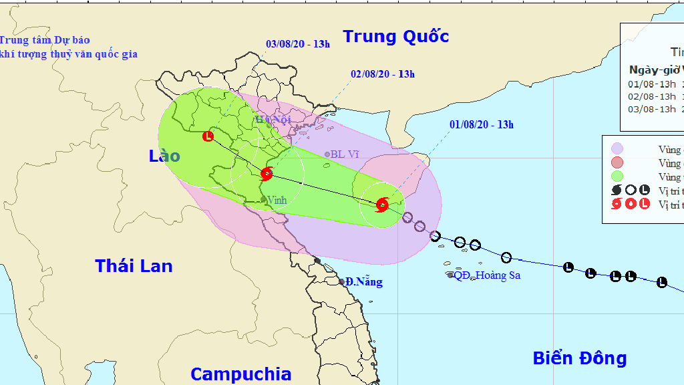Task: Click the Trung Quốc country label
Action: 395,36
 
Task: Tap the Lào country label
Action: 164,156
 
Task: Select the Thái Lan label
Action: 134,266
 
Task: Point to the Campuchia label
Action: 240,374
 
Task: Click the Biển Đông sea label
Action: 579,358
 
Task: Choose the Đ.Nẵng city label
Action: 364,282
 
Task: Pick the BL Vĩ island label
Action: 345,154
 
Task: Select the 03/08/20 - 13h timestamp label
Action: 298,45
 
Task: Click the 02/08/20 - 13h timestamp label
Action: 383,74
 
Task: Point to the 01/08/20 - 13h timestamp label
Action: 481,124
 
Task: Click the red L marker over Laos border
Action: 208,136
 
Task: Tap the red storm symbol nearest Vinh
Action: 267,174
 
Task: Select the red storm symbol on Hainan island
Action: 382,205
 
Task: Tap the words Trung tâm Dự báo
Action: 45,40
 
